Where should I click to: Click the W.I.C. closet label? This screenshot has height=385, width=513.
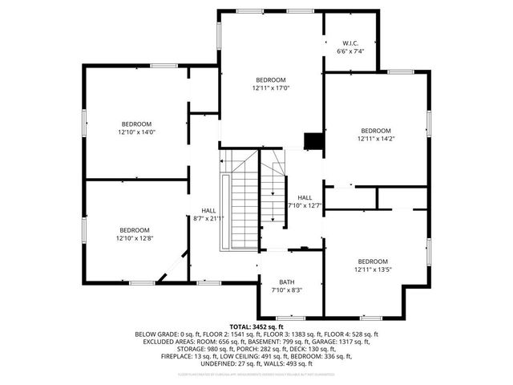pos(351,43)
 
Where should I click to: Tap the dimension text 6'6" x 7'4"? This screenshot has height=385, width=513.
pos(351,51)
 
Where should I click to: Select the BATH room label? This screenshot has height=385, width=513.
pos(287,282)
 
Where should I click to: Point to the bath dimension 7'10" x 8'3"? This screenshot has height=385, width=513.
pos(287,290)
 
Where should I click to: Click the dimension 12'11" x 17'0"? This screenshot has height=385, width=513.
pos(270,88)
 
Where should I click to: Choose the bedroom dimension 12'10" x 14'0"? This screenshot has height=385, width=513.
pos(135,132)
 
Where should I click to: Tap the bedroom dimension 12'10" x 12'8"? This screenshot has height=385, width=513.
pos(135,237)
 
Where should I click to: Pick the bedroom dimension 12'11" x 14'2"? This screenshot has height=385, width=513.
pos(375,139)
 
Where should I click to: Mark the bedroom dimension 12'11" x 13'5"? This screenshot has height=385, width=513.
pos(374,269)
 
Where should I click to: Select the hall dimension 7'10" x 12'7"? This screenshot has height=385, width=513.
pos(305,205)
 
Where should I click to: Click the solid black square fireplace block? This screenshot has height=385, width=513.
pos(313,141)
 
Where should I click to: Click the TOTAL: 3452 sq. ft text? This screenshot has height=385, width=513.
pos(256,327)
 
